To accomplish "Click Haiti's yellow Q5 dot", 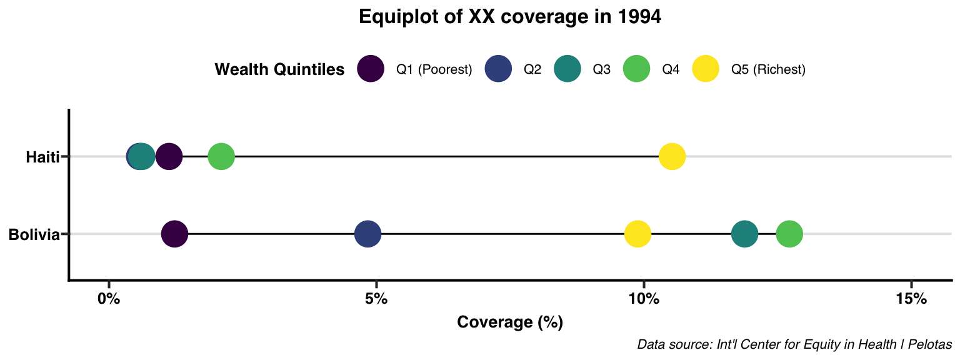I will pyautogui.click(x=672, y=156).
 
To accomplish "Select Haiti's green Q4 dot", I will pyautogui.click(x=221, y=156).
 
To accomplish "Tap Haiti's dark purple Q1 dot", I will pyautogui.click(x=169, y=156).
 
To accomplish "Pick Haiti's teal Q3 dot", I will pyautogui.click(x=142, y=156).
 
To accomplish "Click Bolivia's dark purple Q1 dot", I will pyautogui.click(x=175, y=234).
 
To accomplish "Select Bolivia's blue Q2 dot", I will pyautogui.click(x=367, y=234).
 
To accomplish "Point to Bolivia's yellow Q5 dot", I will pyautogui.click(x=637, y=234).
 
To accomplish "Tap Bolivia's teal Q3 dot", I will pyautogui.click(x=744, y=234).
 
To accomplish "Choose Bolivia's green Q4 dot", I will pyautogui.click(x=789, y=234).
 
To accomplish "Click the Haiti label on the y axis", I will pyautogui.click(x=42, y=157).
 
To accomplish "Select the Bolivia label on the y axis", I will pyautogui.click(x=34, y=235).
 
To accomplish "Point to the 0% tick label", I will pyautogui.click(x=109, y=299).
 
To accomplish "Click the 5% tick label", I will pyautogui.click(x=376, y=299).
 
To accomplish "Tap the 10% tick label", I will pyautogui.click(x=643, y=299).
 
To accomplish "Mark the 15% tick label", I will pyautogui.click(x=911, y=299).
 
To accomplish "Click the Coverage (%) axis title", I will pyautogui.click(x=510, y=322).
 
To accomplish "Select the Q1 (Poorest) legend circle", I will pyautogui.click(x=370, y=69).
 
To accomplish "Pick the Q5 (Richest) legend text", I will pyautogui.click(x=768, y=69).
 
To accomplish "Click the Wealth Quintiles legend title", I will pyautogui.click(x=279, y=69).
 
